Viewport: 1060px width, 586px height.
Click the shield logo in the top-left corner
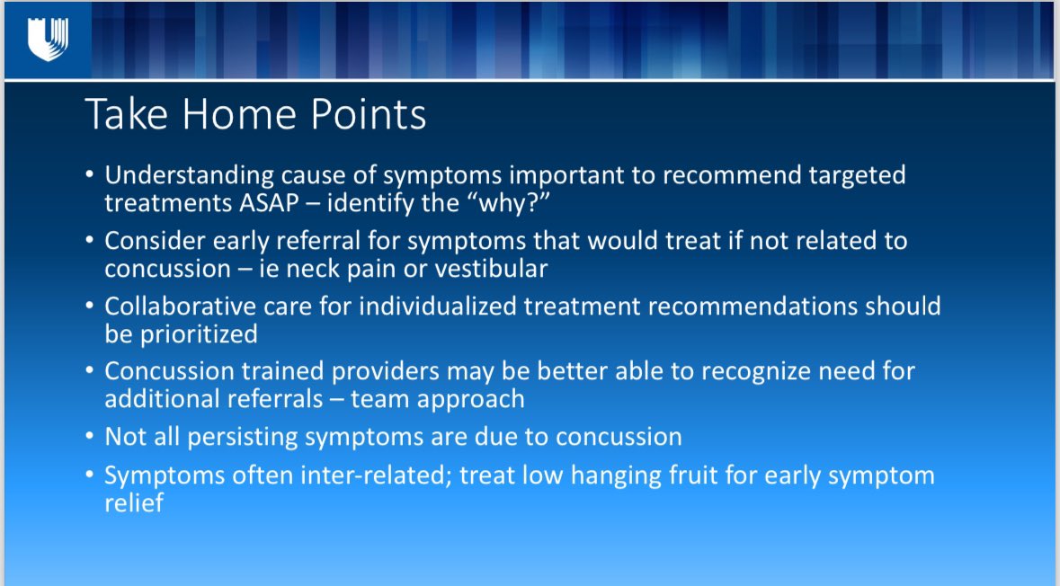click(x=48, y=39)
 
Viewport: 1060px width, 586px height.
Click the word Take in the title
click(x=127, y=113)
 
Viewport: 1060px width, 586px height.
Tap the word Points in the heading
click(x=369, y=113)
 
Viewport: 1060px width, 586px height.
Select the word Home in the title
click(x=239, y=113)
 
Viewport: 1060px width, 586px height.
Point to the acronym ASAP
click(x=269, y=203)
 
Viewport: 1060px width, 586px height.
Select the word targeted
click(x=857, y=176)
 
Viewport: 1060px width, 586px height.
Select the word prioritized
click(x=199, y=334)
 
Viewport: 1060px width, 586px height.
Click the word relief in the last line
click(x=134, y=503)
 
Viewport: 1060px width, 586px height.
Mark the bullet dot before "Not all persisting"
click(x=90, y=437)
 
